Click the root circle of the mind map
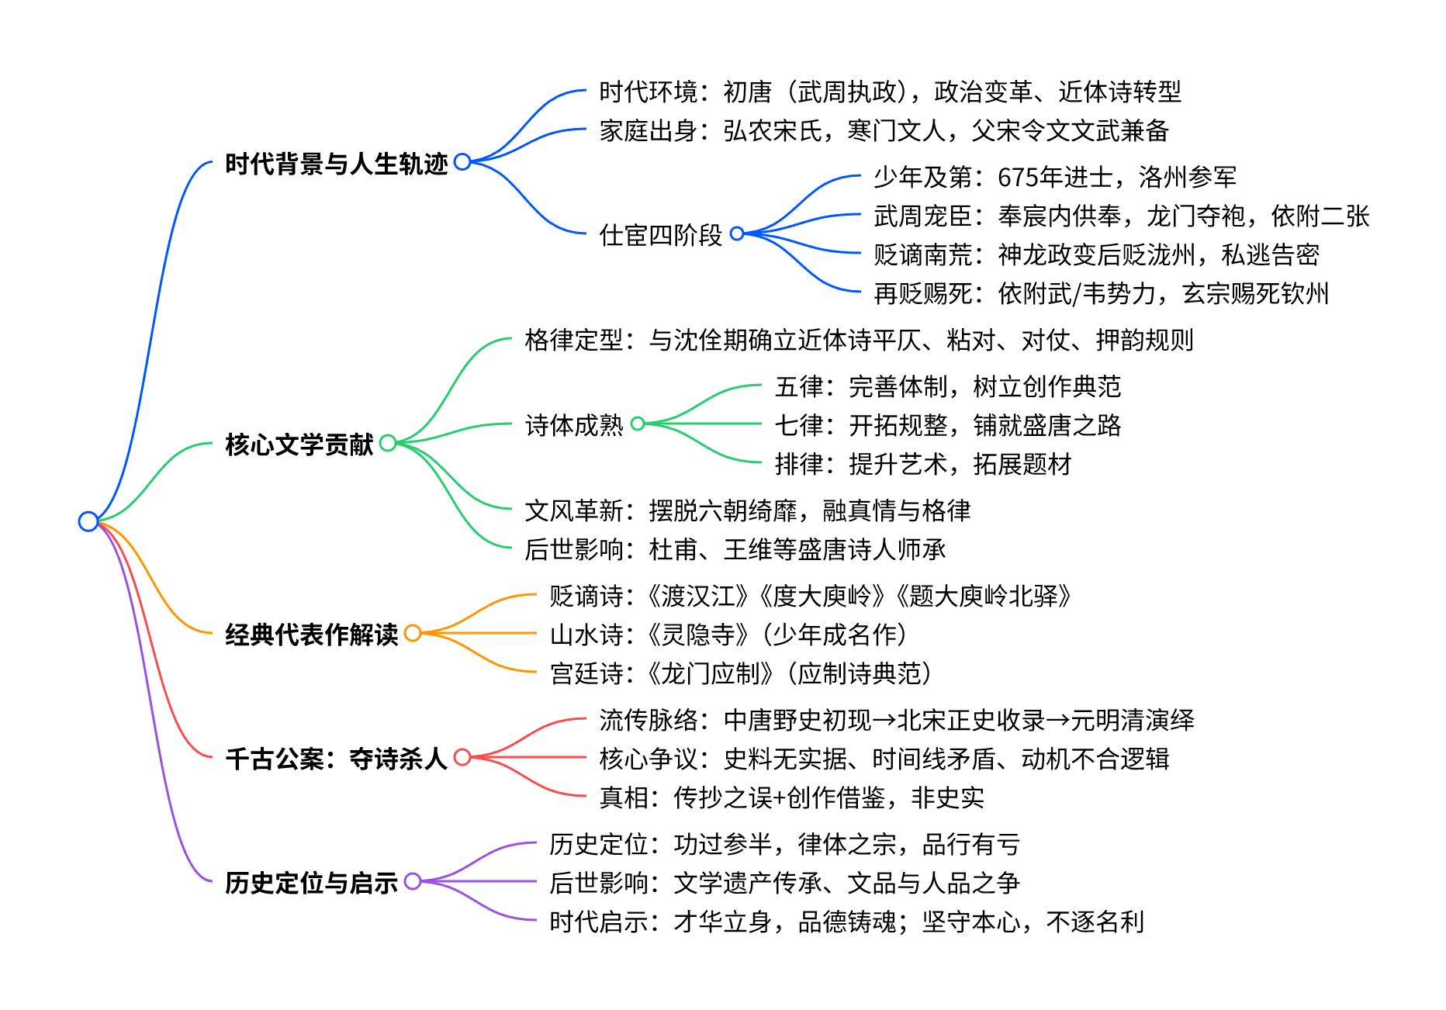click(88, 521)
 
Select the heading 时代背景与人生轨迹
click(336, 164)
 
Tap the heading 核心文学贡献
click(299, 444)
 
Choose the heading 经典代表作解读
click(311, 635)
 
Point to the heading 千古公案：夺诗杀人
click(336, 759)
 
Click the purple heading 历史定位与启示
click(311, 883)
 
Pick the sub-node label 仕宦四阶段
click(660, 235)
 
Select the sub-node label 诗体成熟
click(573, 425)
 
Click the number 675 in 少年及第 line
click(1017, 178)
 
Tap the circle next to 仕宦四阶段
click(737, 233)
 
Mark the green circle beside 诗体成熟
click(638, 424)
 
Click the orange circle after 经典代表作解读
click(413, 633)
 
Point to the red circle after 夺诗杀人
click(462, 757)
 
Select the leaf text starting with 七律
click(947, 425)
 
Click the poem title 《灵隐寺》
click(698, 635)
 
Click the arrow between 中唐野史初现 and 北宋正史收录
click(884, 721)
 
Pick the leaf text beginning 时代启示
click(846, 922)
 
